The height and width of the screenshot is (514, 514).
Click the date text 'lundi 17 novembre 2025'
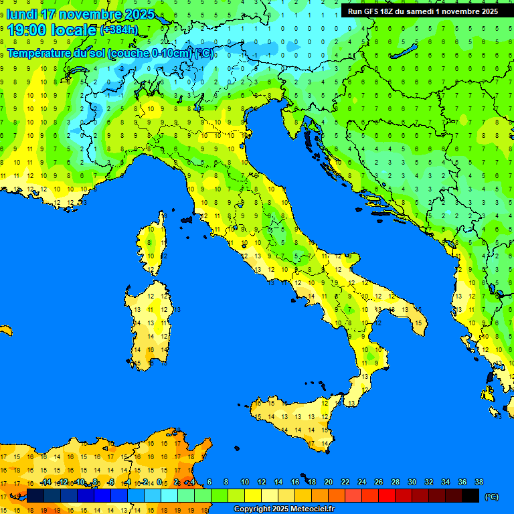[x=80, y=14]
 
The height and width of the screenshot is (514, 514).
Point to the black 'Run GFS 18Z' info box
[x=422, y=11]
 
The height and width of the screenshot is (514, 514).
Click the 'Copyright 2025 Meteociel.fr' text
[x=284, y=509]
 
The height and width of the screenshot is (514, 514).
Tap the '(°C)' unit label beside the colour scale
[x=491, y=497]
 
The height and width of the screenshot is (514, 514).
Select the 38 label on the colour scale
[x=479, y=482]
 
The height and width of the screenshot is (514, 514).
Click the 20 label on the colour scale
[x=329, y=482]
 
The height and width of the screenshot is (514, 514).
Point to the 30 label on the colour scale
[x=412, y=482]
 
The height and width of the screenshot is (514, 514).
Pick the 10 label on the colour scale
[x=245, y=482]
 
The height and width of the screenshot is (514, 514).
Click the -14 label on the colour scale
[x=46, y=482]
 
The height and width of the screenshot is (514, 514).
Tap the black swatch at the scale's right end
[x=470, y=495]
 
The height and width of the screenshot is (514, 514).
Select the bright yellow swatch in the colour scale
[x=253, y=495]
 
